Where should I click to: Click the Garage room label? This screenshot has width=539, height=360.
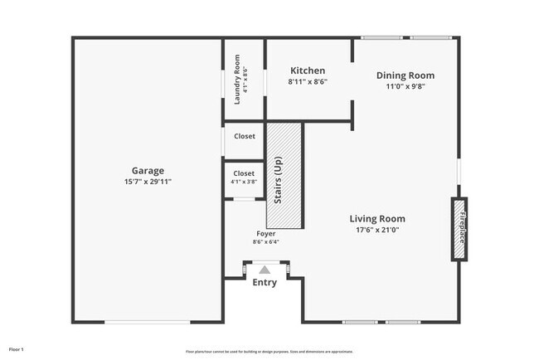[x=147, y=171]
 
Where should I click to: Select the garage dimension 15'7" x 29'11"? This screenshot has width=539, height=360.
[x=147, y=181]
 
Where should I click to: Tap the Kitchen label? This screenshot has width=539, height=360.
[x=307, y=71]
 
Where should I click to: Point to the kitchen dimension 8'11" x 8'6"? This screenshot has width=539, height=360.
[x=307, y=82]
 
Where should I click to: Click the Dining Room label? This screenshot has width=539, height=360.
[x=405, y=75]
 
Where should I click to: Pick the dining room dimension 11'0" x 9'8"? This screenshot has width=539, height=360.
[x=405, y=86]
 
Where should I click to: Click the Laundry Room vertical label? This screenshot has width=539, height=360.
[x=238, y=79]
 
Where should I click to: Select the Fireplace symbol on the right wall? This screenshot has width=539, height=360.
[x=459, y=229]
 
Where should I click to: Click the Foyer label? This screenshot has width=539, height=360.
[x=265, y=234]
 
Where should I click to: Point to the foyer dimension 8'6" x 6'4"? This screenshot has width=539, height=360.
[x=265, y=242]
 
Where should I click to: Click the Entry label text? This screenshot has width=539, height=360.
[x=265, y=283]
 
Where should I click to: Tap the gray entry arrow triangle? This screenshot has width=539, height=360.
[x=265, y=269]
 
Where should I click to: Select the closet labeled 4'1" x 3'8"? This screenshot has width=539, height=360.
[x=244, y=178]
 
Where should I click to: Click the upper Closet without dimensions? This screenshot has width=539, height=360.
[x=244, y=136]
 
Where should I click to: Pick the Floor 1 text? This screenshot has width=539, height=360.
[x=17, y=349]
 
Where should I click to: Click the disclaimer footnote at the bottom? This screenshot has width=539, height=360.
[x=269, y=350]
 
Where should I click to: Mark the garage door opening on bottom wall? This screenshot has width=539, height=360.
[x=147, y=322]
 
